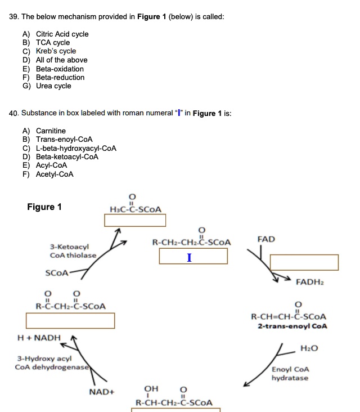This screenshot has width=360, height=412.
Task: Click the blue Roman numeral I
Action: pos(189,258)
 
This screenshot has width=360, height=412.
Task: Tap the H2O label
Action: pos(309,348)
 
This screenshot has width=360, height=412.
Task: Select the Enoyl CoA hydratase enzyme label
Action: pos(290,374)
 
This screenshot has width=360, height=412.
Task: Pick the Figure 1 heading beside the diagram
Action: pos(44,207)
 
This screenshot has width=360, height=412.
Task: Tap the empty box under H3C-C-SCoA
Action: pos(135,220)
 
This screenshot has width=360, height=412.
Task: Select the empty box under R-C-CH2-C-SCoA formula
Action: pos(70,321)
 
